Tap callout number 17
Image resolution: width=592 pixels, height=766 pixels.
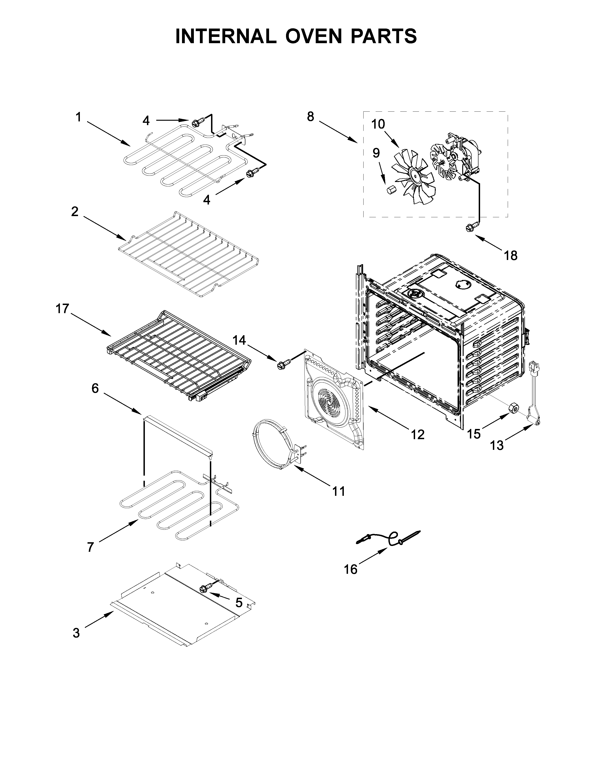click(63, 309)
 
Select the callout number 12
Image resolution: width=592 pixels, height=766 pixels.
click(417, 435)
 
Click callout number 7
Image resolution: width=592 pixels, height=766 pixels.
click(91, 547)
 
